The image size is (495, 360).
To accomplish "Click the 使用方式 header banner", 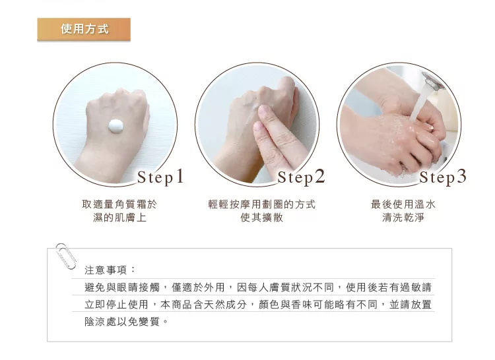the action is (x=84, y=29).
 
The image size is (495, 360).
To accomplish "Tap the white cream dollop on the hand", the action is (x=115, y=127).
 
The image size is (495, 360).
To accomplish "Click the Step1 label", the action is (x=160, y=177).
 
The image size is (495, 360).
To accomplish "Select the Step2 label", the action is (x=301, y=177).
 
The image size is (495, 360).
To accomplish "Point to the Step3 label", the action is (x=443, y=177).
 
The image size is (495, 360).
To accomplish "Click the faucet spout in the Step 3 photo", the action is (x=433, y=80).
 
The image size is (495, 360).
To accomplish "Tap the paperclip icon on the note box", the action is (x=65, y=256).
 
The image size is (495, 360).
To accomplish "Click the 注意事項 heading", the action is (x=110, y=270).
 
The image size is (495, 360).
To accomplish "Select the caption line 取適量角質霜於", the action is (x=119, y=204).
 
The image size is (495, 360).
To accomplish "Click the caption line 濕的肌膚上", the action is (x=119, y=218).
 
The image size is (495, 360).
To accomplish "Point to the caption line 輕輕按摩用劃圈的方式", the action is (x=262, y=204).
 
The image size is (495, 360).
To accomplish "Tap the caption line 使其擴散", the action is (x=262, y=218).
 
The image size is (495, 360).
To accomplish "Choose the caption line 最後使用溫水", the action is (x=403, y=204).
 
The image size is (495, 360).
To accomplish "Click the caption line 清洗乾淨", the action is (x=403, y=218).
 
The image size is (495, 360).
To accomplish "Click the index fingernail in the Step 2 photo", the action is (x=264, y=111).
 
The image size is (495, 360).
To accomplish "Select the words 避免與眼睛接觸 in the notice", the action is (x=122, y=287).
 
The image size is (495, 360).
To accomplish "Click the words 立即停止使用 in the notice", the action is (x=116, y=305).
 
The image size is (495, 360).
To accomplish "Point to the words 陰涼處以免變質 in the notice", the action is (x=122, y=322).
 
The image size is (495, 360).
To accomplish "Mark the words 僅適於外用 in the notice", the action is (x=198, y=287).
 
